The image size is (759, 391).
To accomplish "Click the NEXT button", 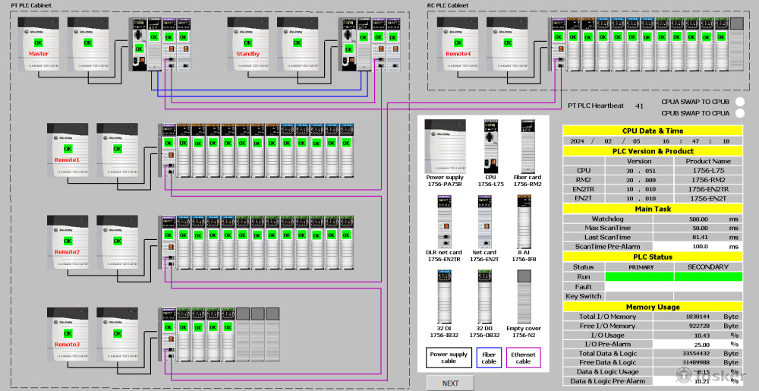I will tap(450, 383).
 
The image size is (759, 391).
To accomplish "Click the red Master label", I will tap(39, 55).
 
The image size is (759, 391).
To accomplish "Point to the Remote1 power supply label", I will tap(67, 160).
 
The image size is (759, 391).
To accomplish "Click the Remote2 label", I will tap(67, 252).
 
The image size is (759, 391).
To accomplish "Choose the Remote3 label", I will tap(67, 345).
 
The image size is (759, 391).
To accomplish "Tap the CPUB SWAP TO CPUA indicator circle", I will tap(740, 114).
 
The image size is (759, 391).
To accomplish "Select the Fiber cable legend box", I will tap(489, 358).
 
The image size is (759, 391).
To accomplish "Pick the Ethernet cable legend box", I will tap(523, 358).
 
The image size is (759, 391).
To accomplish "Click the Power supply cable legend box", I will tap(449, 358).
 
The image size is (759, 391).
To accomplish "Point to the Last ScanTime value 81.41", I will tap(699, 237).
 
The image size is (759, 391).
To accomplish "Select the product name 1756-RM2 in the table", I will tap(707, 180).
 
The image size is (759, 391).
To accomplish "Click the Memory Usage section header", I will tap(652, 307).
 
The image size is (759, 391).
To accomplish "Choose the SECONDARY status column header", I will tap(707, 266).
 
